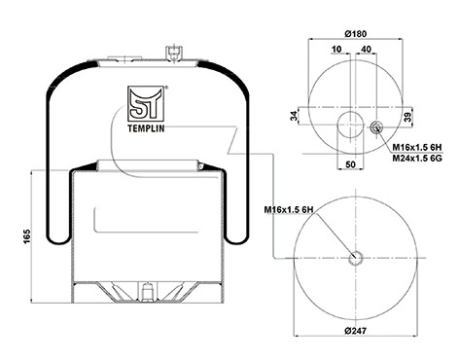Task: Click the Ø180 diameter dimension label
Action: click(355, 34)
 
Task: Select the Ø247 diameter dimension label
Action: click(355, 331)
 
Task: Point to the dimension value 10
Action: click(336, 49)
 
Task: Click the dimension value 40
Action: click(366, 49)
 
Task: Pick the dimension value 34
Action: click(294, 116)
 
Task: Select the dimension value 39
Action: click(408, 116)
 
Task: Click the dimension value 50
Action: click(350, 164)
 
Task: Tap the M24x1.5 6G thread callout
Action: click(417, 158)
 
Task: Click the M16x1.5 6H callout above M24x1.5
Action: click(417, 148)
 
